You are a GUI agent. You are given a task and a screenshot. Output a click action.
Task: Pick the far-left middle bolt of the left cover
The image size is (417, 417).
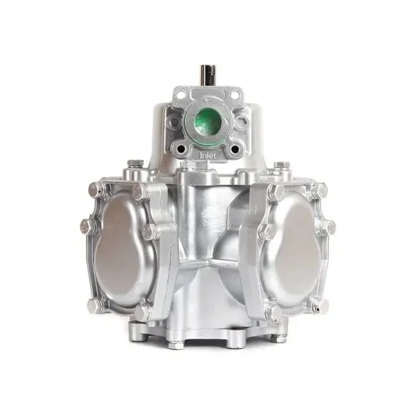pos(89,226)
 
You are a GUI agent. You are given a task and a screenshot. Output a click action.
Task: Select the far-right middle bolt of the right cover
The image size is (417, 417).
pos(328,226)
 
